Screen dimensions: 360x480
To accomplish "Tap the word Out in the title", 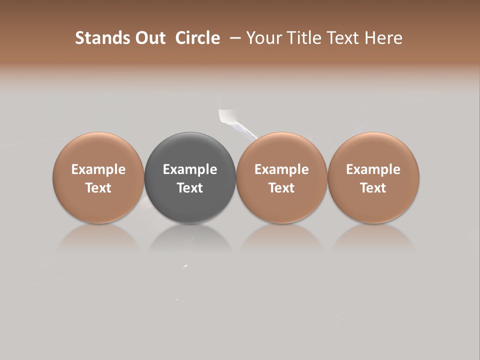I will tap(149, 38).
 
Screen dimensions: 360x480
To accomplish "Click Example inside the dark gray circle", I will tap(190, 169).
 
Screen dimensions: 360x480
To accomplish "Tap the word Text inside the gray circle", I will tap(190, 188).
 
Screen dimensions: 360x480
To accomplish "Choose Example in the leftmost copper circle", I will tap(98, 169).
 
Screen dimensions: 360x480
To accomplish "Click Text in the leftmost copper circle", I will tap(98, 188).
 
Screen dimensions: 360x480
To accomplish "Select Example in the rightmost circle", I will tap(373, 169).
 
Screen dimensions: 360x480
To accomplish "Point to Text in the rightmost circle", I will tap(373, 188).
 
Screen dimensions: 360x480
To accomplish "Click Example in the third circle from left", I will tap(281, 169).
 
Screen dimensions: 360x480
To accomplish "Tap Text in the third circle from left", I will tap(281, 188).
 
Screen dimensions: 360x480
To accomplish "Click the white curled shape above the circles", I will tap(227, 117).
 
